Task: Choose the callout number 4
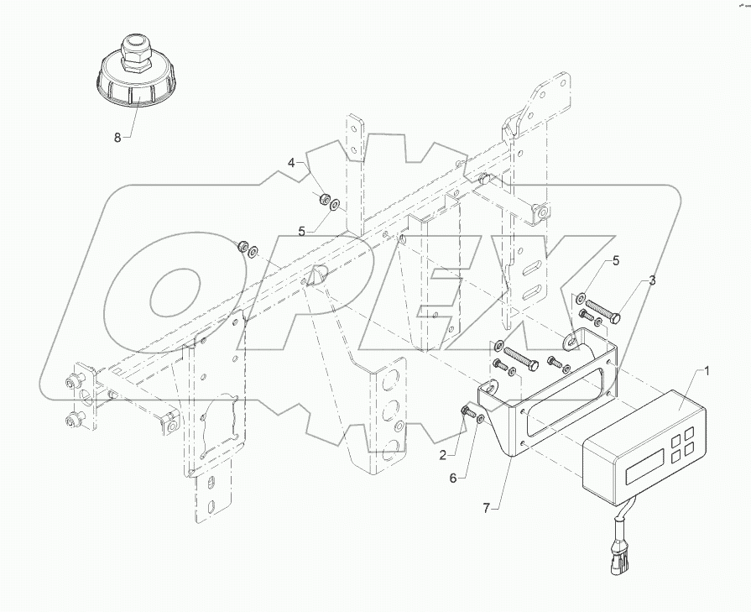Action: [x=292, y=162]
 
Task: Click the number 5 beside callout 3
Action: [x=616, y=261]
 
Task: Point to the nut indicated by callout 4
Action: [x=321, y=199]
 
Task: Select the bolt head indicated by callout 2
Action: [x=467, y=411]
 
